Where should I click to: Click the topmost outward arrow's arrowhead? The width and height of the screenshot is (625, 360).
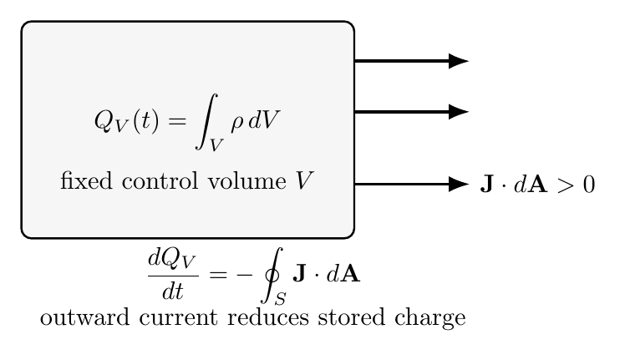click(x=459, y=61)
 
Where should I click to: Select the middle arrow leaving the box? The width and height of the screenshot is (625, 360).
click(x=411, y=112)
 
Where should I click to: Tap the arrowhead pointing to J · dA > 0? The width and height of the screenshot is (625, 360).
click(x=459, y=185)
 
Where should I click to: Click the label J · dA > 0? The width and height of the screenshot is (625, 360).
click(x=537, y=185)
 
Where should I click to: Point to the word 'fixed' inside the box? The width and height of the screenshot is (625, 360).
click(x=86, y=180)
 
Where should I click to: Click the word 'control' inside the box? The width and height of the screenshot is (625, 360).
click(x=160, y=181)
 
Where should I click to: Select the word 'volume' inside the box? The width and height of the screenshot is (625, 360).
click(x=246, y=181)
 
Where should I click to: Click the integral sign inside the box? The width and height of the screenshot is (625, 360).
click(x=206, y=121)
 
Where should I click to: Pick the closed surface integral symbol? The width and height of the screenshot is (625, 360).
click(x=272, y=275)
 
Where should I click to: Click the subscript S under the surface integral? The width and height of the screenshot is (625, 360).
click(x=280, y=298)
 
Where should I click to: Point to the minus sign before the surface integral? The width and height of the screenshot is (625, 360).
click(x=244, y=275)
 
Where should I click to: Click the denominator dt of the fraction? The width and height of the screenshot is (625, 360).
click(x=173, y=292)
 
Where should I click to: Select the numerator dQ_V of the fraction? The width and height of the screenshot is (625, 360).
click(x=172, y=259)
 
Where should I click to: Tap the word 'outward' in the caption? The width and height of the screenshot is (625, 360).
click(x=85, y=317)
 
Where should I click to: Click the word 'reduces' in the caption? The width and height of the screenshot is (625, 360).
click(x=268, y=317)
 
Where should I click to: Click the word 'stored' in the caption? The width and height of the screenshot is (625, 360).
click(x=352, y=317)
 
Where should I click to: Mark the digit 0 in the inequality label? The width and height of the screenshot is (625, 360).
click(x=589, y=185)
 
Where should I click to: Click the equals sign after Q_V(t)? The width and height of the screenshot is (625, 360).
click(x=177, y=121)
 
